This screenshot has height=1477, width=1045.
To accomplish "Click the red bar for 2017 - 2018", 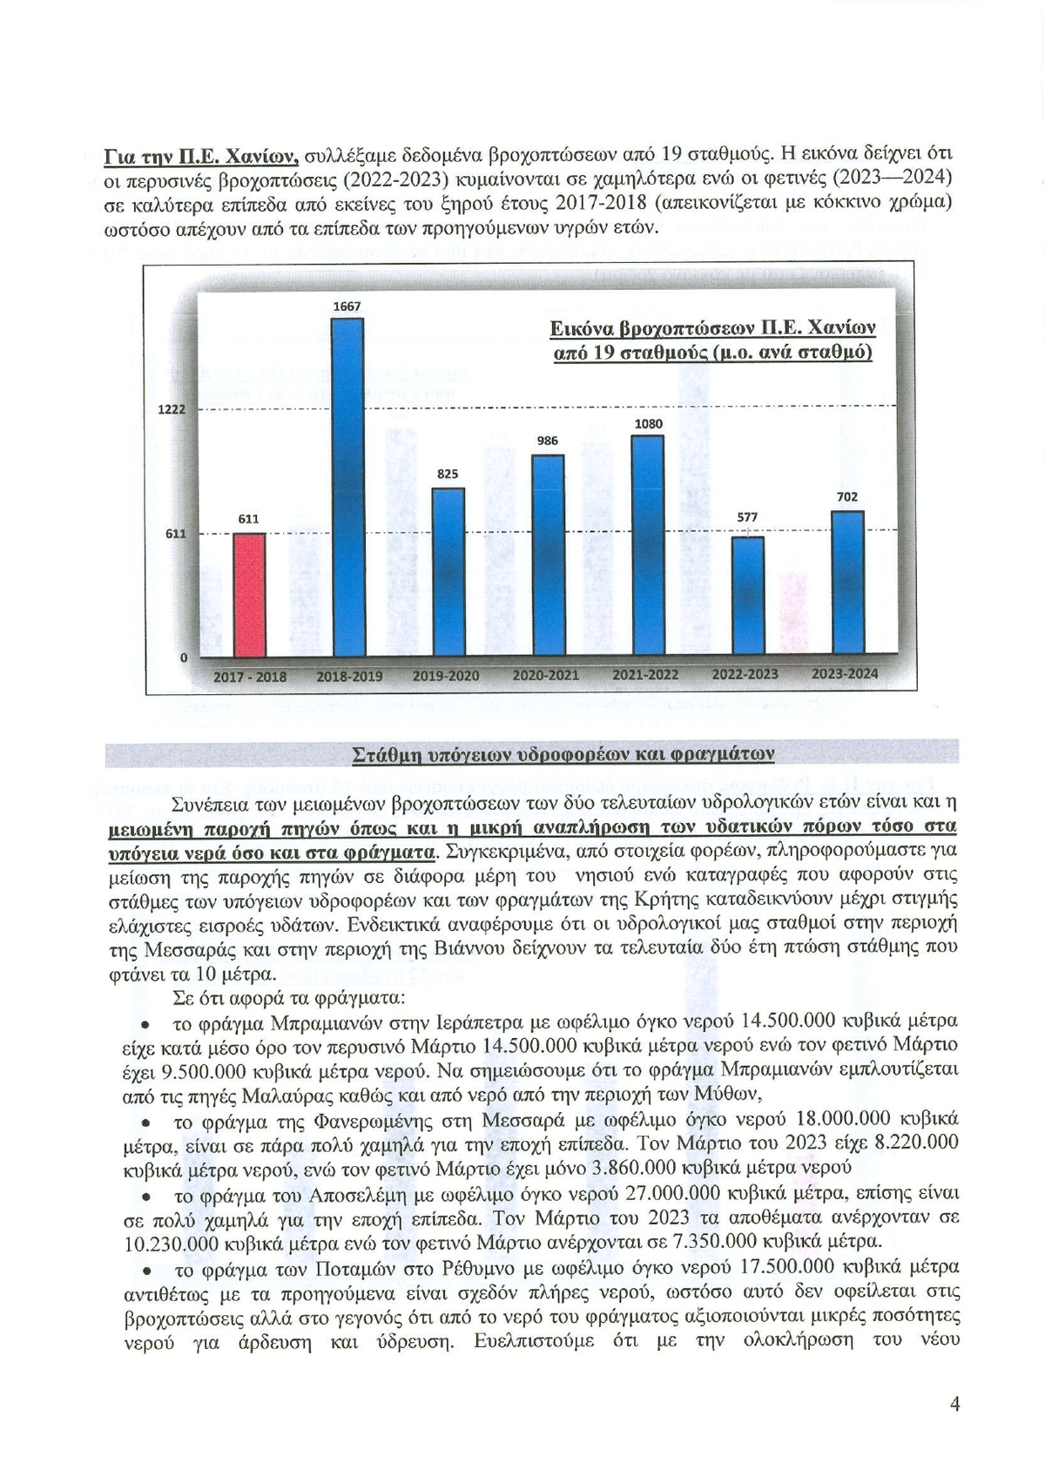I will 250,595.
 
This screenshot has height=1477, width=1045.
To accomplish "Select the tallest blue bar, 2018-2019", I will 348,488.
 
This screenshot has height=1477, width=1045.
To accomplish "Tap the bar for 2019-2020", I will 448,572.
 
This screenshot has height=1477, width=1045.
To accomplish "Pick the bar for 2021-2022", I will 647,545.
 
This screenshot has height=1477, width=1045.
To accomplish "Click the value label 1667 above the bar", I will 347,307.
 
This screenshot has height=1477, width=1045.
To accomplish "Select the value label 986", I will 547,441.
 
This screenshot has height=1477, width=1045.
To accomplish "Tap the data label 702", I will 847,496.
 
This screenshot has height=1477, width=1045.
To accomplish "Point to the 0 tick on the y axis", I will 183,658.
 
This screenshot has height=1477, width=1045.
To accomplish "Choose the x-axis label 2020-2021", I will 546,675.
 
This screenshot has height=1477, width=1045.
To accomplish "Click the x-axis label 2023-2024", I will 845,674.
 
